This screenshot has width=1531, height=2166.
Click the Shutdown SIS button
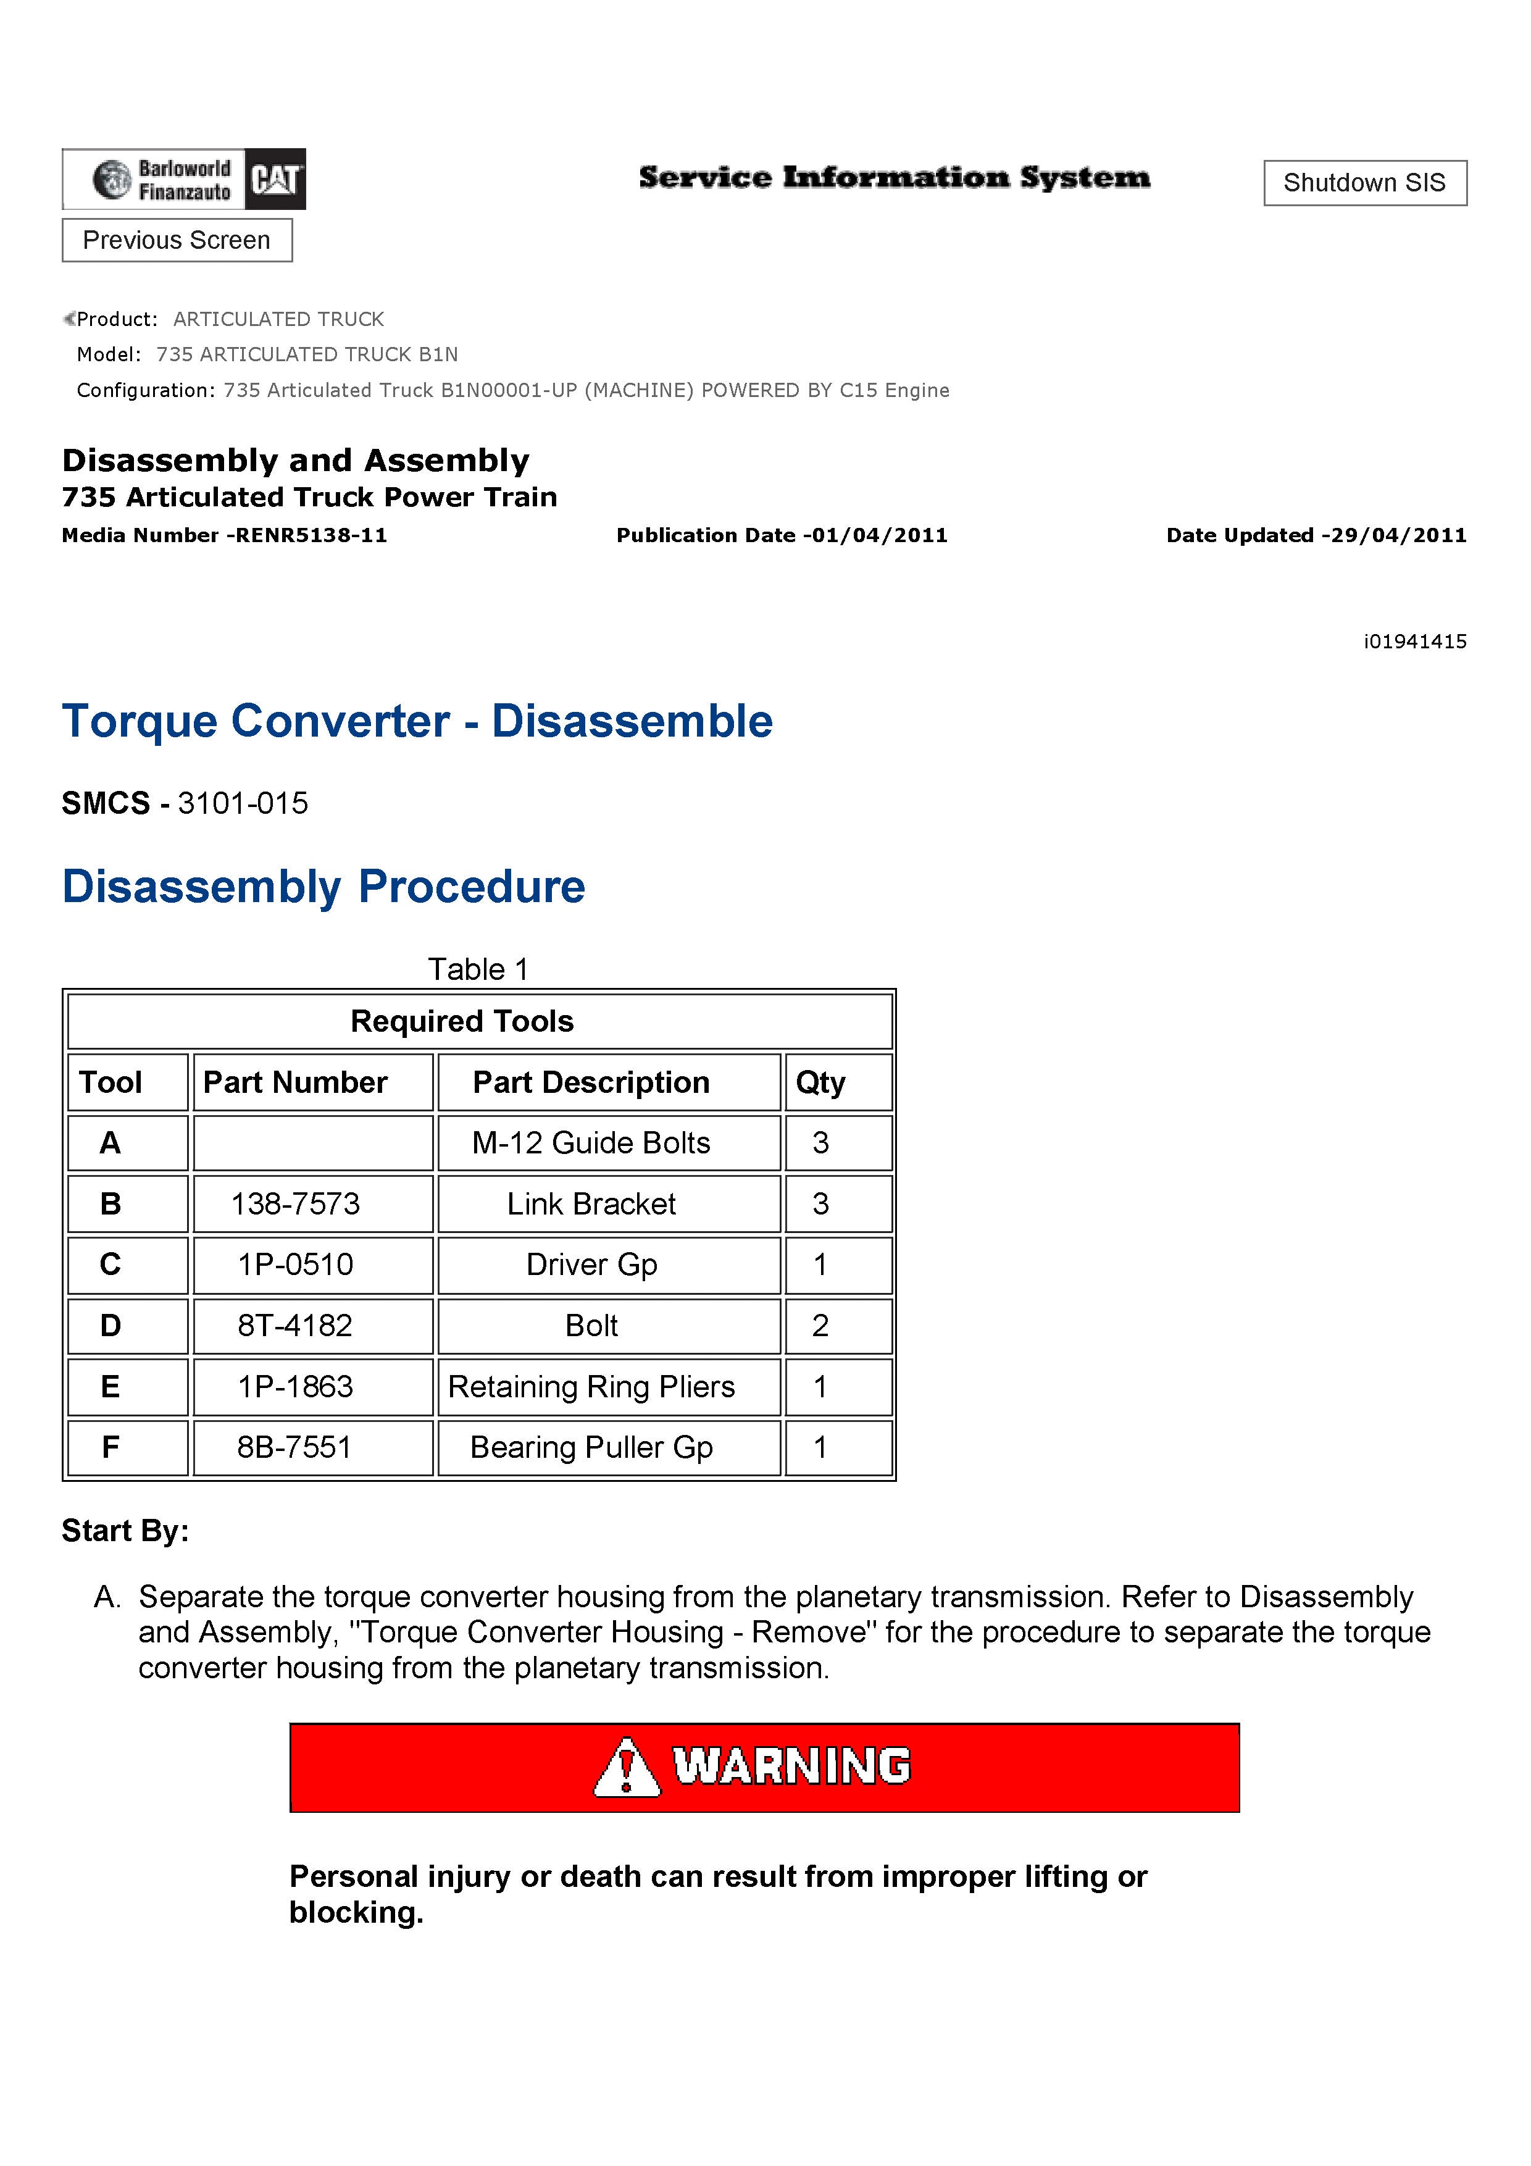[x=1364, y=183]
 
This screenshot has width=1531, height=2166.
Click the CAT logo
[x=275, y=178]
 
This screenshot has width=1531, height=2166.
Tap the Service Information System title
[x=895, y=177]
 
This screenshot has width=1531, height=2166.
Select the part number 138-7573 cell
[x=295, y=1204]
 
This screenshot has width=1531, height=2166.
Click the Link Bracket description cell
[x=591, y=1204]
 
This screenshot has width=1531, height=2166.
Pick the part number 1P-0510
[x=295, y=1264]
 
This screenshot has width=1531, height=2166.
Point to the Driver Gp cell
[x=591, y=1264]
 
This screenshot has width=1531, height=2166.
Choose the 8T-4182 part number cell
[x=295, y=1326]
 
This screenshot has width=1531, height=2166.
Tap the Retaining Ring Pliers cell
[x=591, y=1387]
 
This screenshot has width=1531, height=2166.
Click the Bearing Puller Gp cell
[x=591, y=1447]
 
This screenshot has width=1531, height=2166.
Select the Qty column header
[x=820, y=1082]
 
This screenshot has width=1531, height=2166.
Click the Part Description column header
[x=591, y=1082]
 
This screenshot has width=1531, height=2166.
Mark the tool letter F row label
[x=111, y=1447]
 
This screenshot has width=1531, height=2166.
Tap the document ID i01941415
[x=1414, y=642]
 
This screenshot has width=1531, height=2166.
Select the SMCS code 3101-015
[x=243, y=804]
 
